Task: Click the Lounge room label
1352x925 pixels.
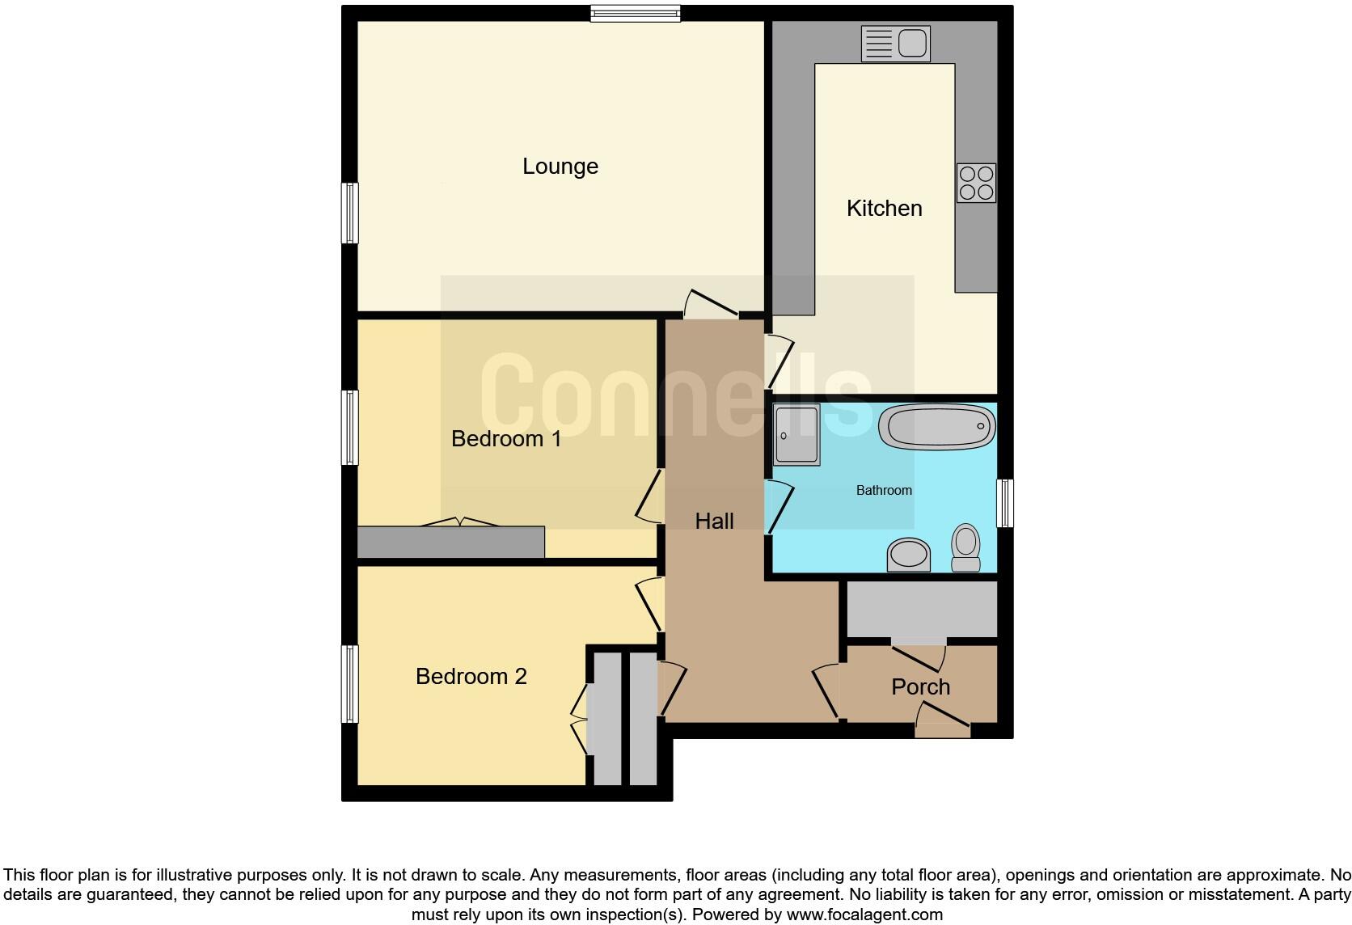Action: (x=560, y=167)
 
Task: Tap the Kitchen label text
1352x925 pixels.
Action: (x=884, y=209)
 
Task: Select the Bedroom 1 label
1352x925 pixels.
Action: (x=506, y=439)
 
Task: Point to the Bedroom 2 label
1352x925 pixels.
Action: (x=471, y=677)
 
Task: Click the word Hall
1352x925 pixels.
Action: (x=714, y=522)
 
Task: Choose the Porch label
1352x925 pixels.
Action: (x=920, y=687)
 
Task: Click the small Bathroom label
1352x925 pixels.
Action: (x=884, y=491)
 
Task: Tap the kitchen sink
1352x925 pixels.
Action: (x=896, y=43)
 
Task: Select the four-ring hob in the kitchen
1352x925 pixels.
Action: (x=976, y=183)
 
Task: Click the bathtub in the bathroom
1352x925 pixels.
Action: (x=937, y=426)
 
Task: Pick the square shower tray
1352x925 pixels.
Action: (x=796, y=435)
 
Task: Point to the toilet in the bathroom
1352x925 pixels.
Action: (x=965, y=547)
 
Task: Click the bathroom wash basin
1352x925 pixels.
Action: (x=909, y=555)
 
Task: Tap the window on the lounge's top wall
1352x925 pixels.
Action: (x=635, y=13)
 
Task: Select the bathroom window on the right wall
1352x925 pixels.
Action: (x=1004, y=503)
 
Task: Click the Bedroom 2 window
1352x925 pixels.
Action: (x=349, y=683)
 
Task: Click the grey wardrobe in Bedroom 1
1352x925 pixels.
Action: (x=450, y=542)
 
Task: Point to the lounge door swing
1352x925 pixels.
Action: (x=710, y=304)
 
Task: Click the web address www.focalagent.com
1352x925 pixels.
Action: (x=864, y=915)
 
